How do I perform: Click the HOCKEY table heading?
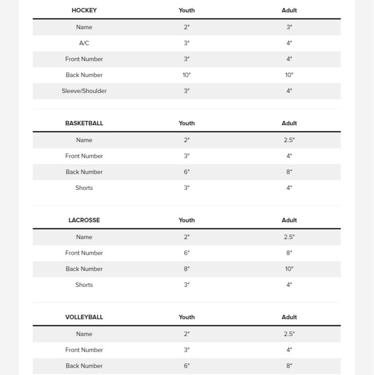coord(84,10)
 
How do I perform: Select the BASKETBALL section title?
coord(84,123)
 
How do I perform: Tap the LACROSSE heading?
coord(84,220)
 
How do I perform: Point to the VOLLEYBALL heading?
coord(84,317)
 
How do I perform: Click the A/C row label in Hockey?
coord(84,43)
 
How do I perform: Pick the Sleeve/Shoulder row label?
coord(84,91)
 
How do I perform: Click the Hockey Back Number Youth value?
coord(187,75)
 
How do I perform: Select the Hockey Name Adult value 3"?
coord(289,27)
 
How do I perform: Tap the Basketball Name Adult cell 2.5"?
coord(289,140)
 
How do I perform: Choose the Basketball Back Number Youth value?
coord(187,172)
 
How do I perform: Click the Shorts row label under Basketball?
coord(84,188)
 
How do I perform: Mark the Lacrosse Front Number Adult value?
coord(289,253)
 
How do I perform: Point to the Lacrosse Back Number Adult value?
coord(289,269)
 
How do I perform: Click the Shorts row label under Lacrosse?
coord(84,285)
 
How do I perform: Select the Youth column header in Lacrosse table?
coord(187,220)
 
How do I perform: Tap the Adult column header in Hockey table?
coord(289,10)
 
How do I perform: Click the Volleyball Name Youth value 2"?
coord(187,334)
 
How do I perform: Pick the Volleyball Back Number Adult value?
coord(289,366)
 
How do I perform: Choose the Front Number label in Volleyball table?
coord(84,350)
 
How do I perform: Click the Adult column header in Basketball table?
coord(289,123)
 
